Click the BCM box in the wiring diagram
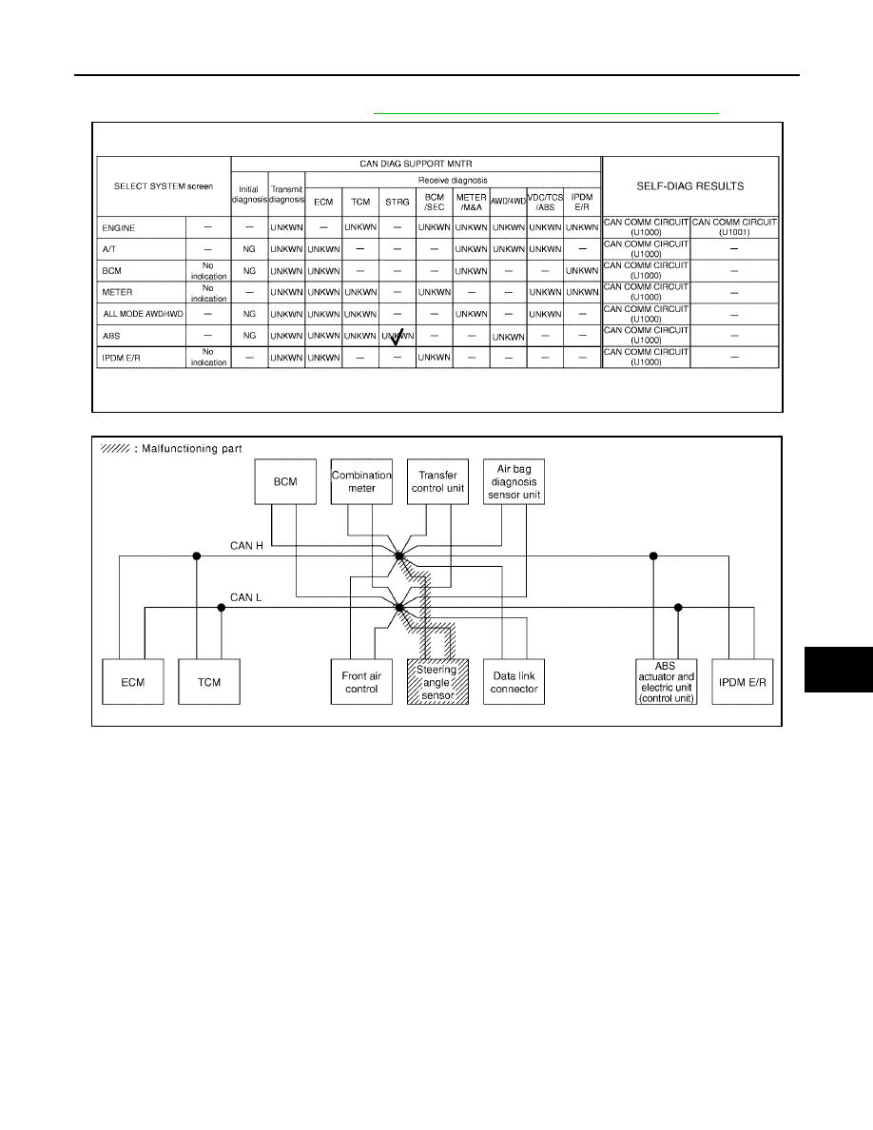tap(285, 481)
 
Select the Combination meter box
tap(361, 481)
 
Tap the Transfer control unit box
tap(438, 481)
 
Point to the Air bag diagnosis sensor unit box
tap(514, 481)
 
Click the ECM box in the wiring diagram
tap(133, 682)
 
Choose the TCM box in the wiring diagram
tap(209, 682)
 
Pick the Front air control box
tap(361, 682)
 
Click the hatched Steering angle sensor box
tap(438, 682)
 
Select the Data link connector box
tap(514, 682)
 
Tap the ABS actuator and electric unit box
tap(667, 682)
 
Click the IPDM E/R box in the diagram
tap(743, 682)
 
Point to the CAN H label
tap(246, 546)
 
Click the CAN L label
tap(245, 597)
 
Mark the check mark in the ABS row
tap(397, 337)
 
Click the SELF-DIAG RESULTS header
tap(690, 185)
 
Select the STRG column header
tap(397, 202)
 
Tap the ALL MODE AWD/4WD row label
tap(144, 314)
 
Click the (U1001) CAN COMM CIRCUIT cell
tap(734, 227)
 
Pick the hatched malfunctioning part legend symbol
tap(115, 448)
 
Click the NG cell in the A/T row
tap(249, 249)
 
